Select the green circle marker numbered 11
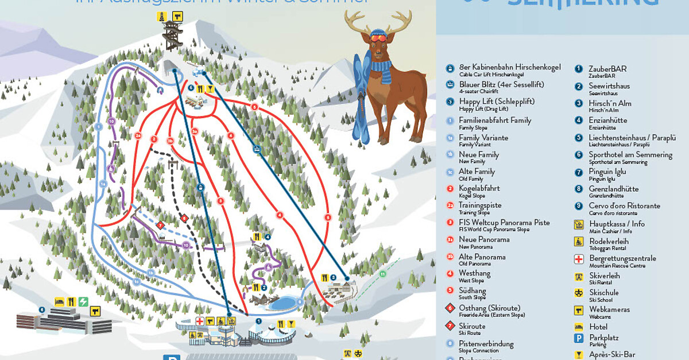pyautogui.click(x=383, y=274)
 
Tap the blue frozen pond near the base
pyautogui.click(x=285, y=302)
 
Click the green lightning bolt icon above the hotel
pyautogui.click(x=84, y=301)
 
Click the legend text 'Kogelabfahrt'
pyautogui.click(x=479, y=188)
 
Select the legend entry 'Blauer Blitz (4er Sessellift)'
pyautogui.click(x=501, y=84)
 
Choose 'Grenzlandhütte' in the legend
pyautogui.click(x=613, y=189)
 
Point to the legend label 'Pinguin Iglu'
pyautogui.click(x=607, y=172)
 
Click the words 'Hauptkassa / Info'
pyautogui.click(x=616, y=224)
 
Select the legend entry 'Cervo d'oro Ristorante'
pyautogui.click(x=624, y=206)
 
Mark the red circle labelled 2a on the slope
pyautogui.click(x=138, y=136)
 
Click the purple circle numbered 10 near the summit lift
pyautogui.click(x=111, y=121)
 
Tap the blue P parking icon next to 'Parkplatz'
pyautogui.click(x=579, y=339)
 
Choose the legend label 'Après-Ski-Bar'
pyautogui.click(x=612, y=355)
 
